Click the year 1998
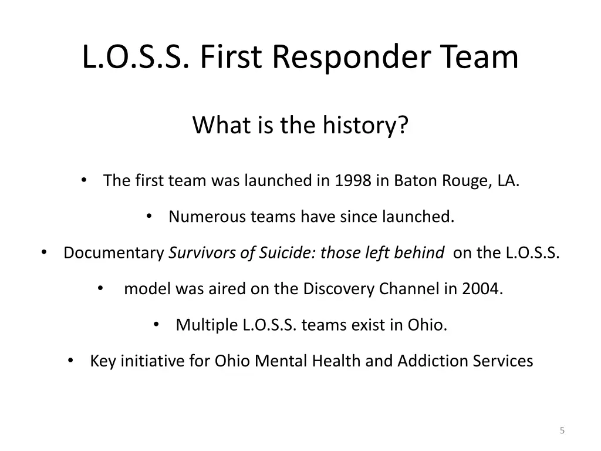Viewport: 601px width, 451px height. [x=353, y=181]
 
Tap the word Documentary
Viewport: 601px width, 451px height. [x=113, y=253]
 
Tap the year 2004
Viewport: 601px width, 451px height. [x=482, y=289]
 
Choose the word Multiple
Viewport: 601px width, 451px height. [x=207, y=325]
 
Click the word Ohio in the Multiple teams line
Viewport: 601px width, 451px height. [x=427, y=325]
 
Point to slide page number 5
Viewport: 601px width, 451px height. [x=562, y=431]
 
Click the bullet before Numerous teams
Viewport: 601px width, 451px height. [x=148, y=217]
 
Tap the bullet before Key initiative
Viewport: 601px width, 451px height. [x=70, y=361]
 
